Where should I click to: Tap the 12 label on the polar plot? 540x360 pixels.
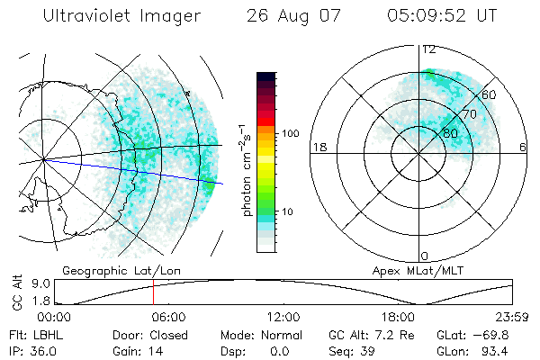click(x=429, y=49)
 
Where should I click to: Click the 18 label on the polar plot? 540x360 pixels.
click(x=318, y=148)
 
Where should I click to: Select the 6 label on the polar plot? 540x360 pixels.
click(x=523, y=148)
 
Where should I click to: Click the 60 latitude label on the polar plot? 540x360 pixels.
click(x=490, y=94)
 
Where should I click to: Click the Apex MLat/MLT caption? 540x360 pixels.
click(x=410, y=269)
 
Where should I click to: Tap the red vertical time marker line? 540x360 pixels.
click(x=153, y=292)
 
